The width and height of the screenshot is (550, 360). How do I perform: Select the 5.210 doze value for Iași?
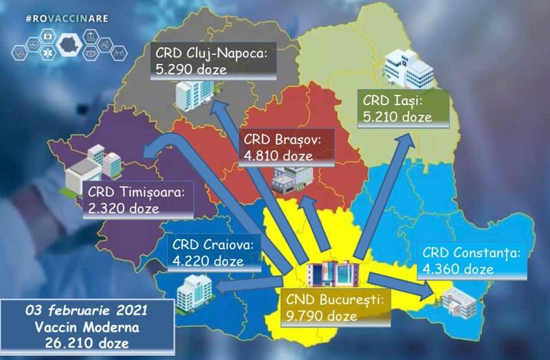(x=397, y=117)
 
